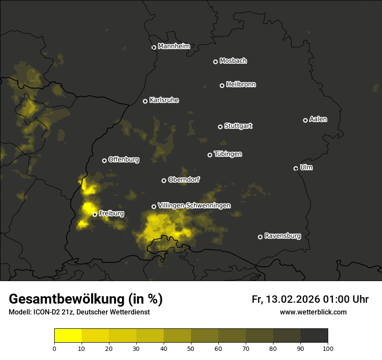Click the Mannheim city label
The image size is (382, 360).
(x=174, y=46)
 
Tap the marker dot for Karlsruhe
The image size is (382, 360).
(x=145, y=101)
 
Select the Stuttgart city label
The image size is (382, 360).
(x=238, y=126)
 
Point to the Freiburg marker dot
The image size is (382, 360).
(x=95, y=214)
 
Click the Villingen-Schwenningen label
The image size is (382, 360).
(x=194, y=206)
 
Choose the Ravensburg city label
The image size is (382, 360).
(x=282, y=236)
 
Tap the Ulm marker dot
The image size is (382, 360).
(x=296, y=168)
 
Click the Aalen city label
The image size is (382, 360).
(x=318, y=119)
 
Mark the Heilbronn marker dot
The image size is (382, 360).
(x=222, y=85)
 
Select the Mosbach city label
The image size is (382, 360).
(x=233, y=61)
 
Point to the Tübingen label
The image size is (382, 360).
(x=228, y=154)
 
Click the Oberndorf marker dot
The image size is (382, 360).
(x=164, y=180)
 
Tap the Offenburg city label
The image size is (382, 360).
(x=124, y=160)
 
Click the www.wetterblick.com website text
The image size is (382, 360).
(x=313, y=312)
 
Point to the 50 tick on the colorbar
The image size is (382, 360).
(x=191, y=348)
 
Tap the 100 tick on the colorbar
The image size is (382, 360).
(x=328, y=348)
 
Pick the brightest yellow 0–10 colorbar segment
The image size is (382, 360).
(x=68, y=335)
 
